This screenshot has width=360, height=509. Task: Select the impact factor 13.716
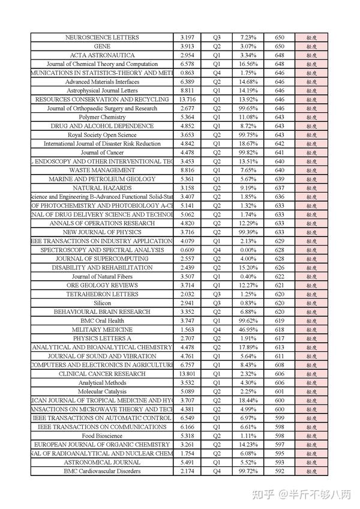tap(187, 99)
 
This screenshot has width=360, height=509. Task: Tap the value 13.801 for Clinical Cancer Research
tap(187, 373)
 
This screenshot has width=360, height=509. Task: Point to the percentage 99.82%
tap(248, 152)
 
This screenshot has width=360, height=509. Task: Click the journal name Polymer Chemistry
tap(102, 117)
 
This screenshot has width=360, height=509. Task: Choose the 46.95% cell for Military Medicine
tap(248, 330)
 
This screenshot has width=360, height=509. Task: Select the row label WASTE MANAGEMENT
tap(102, 170)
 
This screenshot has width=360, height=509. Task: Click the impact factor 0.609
tap(187, 250)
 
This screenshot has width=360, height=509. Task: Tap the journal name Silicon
tap(102, 303)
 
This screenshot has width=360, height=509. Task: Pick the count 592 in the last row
tap(280, 471)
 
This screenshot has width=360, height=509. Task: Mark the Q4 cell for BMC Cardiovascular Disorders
tap(217, 471)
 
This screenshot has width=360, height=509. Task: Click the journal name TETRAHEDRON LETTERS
tap(102, 294)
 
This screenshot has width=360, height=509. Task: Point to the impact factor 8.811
tap(187, 91)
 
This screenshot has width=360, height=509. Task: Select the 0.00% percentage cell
tap(248, 250)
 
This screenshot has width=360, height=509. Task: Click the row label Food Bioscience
tap(102, 436)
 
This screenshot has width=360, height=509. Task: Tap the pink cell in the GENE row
tap(311, 46)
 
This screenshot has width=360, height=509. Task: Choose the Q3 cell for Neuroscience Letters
tap(217, 37)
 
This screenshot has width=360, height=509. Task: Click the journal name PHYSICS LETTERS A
tap(102, 338)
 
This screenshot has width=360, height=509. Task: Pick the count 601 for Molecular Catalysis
tap(280, 391)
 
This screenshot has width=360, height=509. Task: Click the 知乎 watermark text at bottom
tap(264, 495)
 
